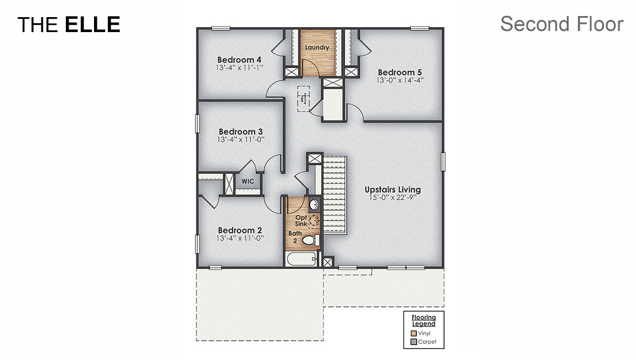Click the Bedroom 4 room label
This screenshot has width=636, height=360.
[239, 60]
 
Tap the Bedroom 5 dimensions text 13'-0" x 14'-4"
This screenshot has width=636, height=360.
[396, 81]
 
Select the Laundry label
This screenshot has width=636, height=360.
[317, 48]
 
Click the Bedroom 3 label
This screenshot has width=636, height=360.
[241, 132]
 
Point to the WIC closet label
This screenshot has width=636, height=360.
[247, 181]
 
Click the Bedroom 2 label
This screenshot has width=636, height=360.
[239, 230]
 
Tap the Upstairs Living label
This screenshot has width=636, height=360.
[393, 190]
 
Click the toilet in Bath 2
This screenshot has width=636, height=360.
[312, 240]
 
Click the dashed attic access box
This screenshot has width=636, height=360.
[303, 98]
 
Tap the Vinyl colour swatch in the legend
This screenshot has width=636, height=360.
[414, 333]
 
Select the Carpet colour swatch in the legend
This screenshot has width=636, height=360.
[414, 342]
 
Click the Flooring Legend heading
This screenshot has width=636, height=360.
[424, 320]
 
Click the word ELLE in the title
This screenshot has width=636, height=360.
[92, 24]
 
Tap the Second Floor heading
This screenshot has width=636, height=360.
[561, 24]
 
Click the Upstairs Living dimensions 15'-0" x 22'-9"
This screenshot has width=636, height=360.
[393, 197]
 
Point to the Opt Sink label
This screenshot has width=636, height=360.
[301, 221]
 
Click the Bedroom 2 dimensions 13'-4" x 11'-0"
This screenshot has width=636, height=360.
[240, 238]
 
